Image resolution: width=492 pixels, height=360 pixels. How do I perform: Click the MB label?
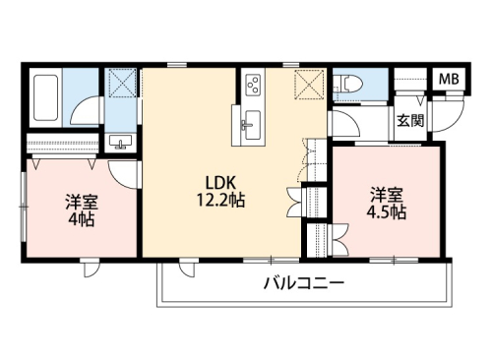[x=447, y=79]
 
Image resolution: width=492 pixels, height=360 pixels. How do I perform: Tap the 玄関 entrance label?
[x=410, y=121]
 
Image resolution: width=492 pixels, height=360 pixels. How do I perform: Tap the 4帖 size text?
[x=80, y=218]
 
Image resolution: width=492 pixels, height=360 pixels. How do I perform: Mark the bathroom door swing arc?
[x=89, y=109]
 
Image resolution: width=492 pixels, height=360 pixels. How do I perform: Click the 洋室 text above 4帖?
[x=80, y=201]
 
